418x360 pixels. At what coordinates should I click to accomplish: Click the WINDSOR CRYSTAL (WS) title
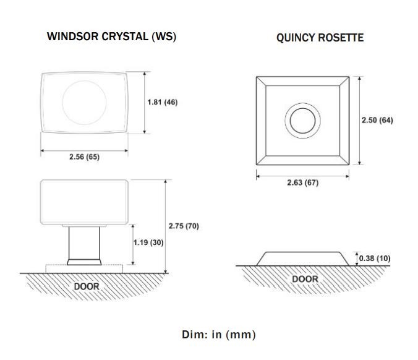(x=111, y=36)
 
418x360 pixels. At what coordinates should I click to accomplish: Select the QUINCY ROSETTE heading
(x=320, y=38)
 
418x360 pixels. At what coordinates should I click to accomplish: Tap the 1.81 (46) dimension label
(x=163, y=102)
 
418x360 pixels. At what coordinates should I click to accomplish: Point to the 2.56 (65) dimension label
(x=84, y=156)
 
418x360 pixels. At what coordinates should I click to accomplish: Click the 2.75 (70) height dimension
(x=184, y=226)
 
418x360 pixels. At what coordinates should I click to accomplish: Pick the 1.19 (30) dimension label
(x=148, y=242)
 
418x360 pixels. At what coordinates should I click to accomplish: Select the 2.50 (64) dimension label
(x=377, y=120)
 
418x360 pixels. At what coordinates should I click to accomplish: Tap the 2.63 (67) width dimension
(x=302, y=182)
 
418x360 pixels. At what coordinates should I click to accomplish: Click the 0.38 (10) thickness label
(x=375, y=258)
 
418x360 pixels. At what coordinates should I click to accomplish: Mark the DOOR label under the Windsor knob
(x=87, y=286)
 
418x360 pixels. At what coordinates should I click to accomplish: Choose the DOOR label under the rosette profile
(x=305, y=279)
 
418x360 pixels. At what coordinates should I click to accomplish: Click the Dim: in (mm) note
(x=219, y=335)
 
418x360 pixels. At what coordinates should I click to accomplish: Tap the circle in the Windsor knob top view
(x=84, y=81)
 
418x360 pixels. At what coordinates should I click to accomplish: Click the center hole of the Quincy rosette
(x=302, y=121)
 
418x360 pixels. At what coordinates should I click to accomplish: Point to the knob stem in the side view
(x=84, y=242)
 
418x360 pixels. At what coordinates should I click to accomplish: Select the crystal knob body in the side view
(x=84, y=202)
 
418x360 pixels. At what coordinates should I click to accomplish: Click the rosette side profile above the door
(x=302, y=259)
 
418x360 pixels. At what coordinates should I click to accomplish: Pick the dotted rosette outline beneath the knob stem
(x=84, y=265)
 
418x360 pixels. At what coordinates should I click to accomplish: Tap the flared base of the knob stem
(x=84, y=262)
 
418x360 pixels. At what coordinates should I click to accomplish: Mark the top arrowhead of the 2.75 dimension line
(x=166, y=182)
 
